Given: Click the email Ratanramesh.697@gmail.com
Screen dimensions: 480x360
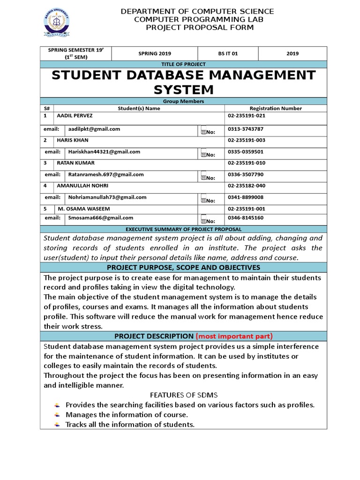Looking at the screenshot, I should click(106, 174).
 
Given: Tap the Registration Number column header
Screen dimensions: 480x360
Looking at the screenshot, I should click(276, 108).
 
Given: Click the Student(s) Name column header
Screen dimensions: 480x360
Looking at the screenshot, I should click(139, 108).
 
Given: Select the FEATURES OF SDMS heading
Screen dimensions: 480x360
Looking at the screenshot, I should click(183, 395).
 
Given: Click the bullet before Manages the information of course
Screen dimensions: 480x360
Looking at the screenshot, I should click(57, 415).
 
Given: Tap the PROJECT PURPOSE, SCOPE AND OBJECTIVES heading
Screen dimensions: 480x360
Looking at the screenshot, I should click(183, 267).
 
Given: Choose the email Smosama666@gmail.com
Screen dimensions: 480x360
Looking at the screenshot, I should click(101, 217).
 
